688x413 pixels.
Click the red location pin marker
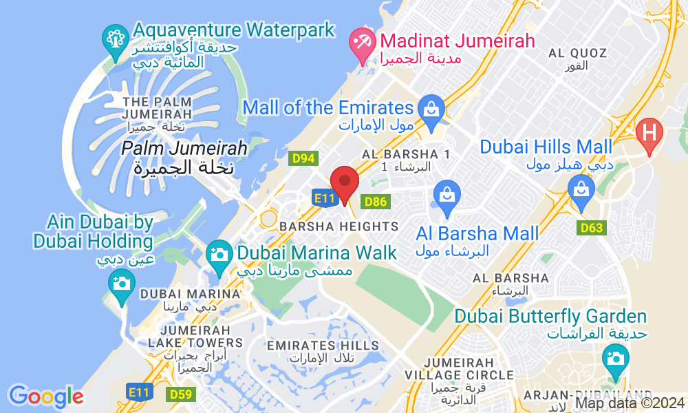pyautogui.click(x=345, y=183)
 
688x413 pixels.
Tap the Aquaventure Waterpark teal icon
pyautogui.click(x=115, y=39)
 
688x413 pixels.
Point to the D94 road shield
pyautogui.click(x=303, y=159)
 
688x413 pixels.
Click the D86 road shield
pyautogui.click(x=376, y=202)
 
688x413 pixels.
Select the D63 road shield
pyautogui.click(x=592, y=228)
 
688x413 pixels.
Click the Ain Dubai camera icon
pyautogui.click(x=122, y=283)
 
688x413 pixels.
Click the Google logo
pyautogui.click(x=46, y=396)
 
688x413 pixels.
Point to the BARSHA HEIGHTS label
pyautogui.click(x=338, y=226)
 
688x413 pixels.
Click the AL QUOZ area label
pyautogui.click(x=578, y=53)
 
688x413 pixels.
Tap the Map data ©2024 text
pyautogui.click(x=630, y=403)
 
